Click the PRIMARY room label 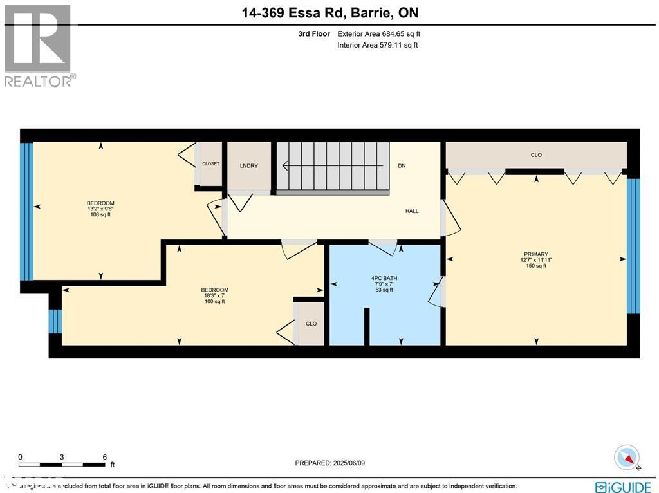point(536,254)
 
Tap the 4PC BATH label point(382,279)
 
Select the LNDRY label point(248,166)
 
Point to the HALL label point(412,211)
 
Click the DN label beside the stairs point(402,166)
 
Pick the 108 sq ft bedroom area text point(100,215)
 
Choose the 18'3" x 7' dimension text point(214,295)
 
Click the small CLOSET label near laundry point(210,164)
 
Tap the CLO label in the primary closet point(536,155)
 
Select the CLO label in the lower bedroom point(311,324)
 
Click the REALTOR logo point(39,46)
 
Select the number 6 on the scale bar point(104,457)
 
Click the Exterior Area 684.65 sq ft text point(378,34)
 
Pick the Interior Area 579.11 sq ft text point(378,46)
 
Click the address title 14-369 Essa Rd point(329,13)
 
